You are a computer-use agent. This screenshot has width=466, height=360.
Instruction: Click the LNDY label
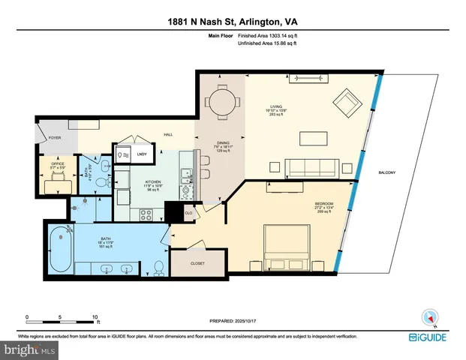pyautogui.click(x=142, y=154)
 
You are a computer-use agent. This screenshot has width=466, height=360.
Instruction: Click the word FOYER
pyautogui.click(x=55, y=137)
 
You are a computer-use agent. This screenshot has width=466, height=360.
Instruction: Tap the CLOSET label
pyautogui.click(x=197, y=263)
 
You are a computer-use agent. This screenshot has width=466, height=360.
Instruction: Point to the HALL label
pyautogui.click(x=170, y=134)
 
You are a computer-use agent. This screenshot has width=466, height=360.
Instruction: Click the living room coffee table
pyautogui.click(x=314, y=138)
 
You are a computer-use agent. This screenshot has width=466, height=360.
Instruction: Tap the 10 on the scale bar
pyautogui.click(x=95, y=316)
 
